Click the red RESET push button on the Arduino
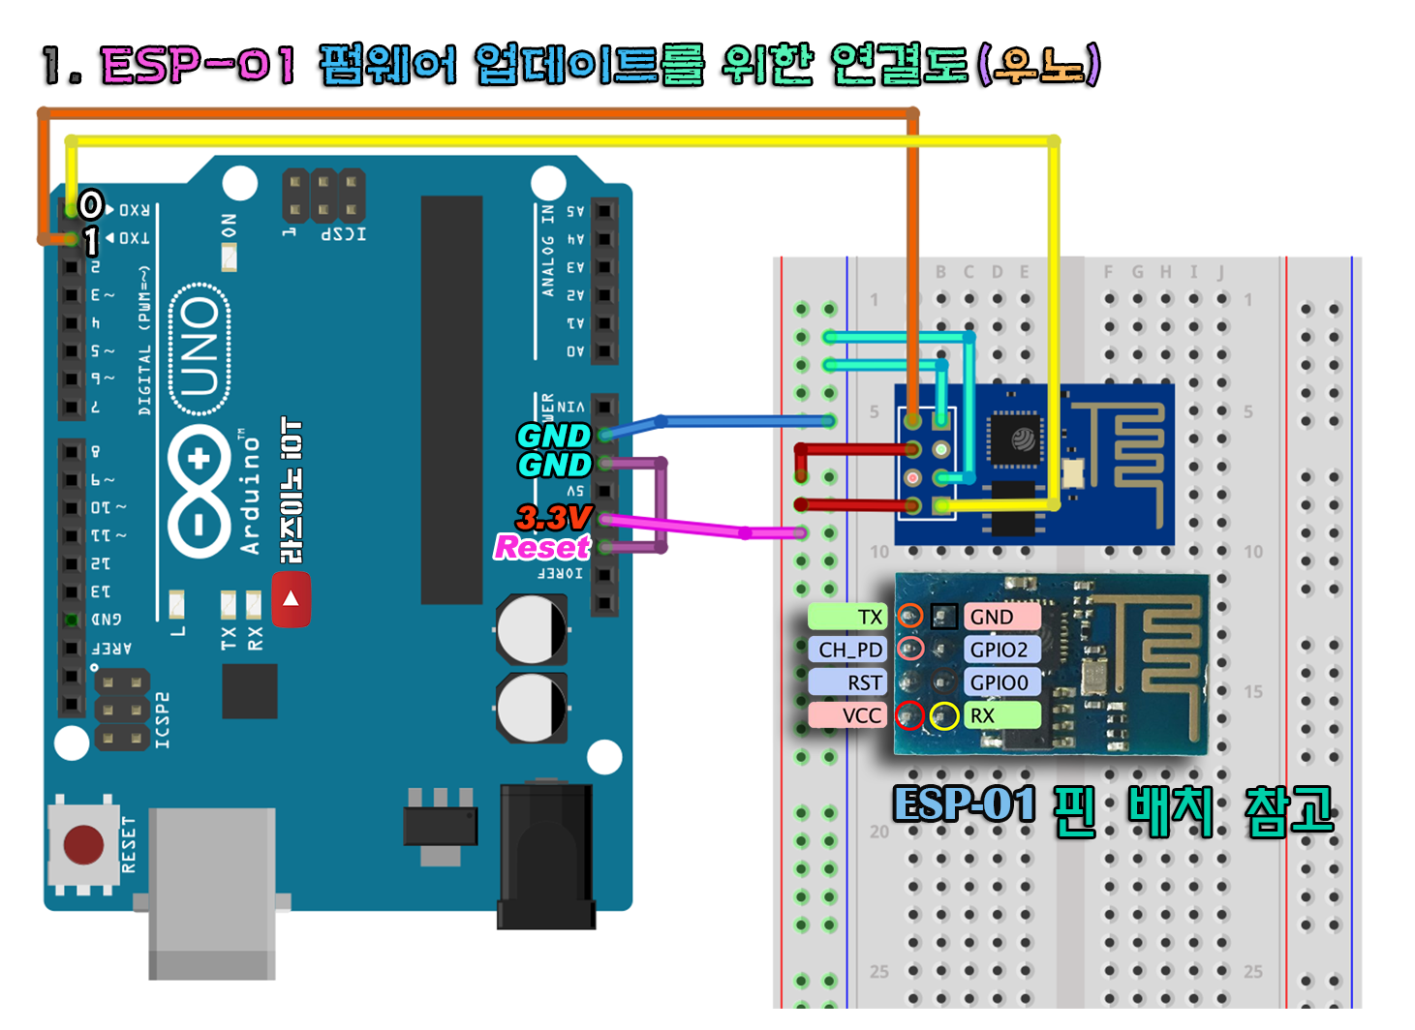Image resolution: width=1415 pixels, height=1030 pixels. point(83,844)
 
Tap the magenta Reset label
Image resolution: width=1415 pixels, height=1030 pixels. point(541,548)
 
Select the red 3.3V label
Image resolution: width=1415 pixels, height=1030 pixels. point(553,517)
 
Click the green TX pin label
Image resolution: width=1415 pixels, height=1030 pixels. point(847,617)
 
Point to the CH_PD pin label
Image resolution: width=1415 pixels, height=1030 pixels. point(848,650)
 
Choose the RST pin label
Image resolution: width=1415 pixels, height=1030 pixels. point(848,682)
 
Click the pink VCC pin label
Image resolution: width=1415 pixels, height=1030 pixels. point(848,715)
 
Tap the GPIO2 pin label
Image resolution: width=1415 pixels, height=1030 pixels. point(1000,650)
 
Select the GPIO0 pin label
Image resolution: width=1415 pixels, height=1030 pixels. point(1000,682)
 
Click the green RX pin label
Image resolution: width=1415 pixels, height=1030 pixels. point(1000,715)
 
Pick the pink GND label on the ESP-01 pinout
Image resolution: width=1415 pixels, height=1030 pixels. point(1000,617)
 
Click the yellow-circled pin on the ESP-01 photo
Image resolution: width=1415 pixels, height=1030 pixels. point(944,716)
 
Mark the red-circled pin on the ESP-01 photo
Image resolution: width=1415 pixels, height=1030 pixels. point(908,716)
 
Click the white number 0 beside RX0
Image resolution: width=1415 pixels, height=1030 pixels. point(91,204)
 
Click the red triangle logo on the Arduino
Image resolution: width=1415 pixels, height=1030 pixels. point(291,599)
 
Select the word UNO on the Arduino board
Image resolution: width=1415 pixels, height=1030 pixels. point(200,347)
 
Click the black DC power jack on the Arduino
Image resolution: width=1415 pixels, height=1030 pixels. point(545,857)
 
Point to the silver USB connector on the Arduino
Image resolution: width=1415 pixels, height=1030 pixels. point(211,891)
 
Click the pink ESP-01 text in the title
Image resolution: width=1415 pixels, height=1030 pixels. point(198,65)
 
